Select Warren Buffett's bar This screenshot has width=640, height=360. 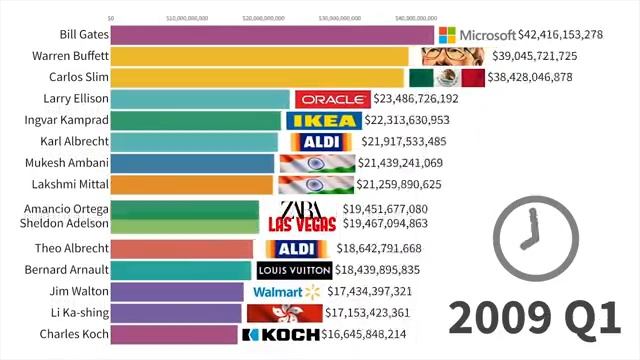[x=260, y=56]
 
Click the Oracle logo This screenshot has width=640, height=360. [x=331, y=99]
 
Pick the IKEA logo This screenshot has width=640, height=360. [x=321, y=121]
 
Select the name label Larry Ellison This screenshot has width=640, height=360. [x=71, y=99]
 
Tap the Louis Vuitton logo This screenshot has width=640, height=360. [x=294, y=270]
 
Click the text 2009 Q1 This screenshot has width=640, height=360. [x=535, y=318]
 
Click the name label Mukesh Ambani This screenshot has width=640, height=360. [x=64, y=162]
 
